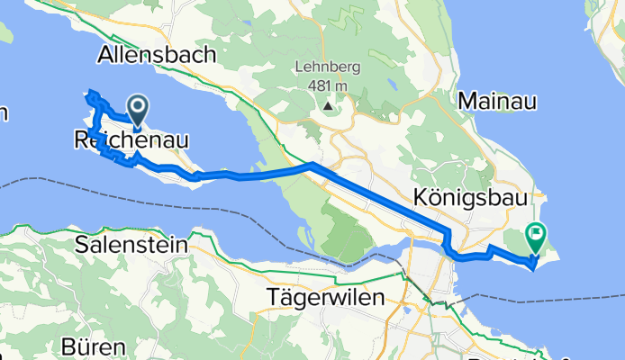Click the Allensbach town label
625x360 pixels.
157,55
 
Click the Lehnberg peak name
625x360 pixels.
327,69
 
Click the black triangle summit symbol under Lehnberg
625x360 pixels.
327,106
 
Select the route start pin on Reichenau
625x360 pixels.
139,112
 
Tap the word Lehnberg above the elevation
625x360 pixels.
327,69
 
